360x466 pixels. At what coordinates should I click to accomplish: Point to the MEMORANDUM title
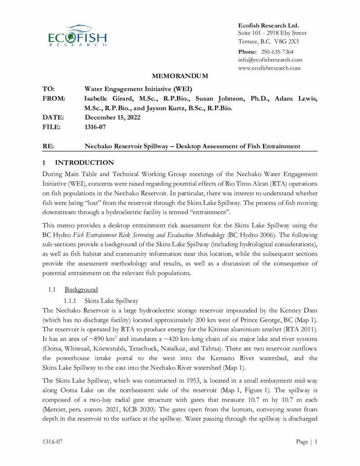tap(180, 76)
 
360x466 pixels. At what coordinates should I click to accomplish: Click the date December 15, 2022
tap(112, 117)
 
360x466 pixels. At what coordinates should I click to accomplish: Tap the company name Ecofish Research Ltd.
tap(269, 25)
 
